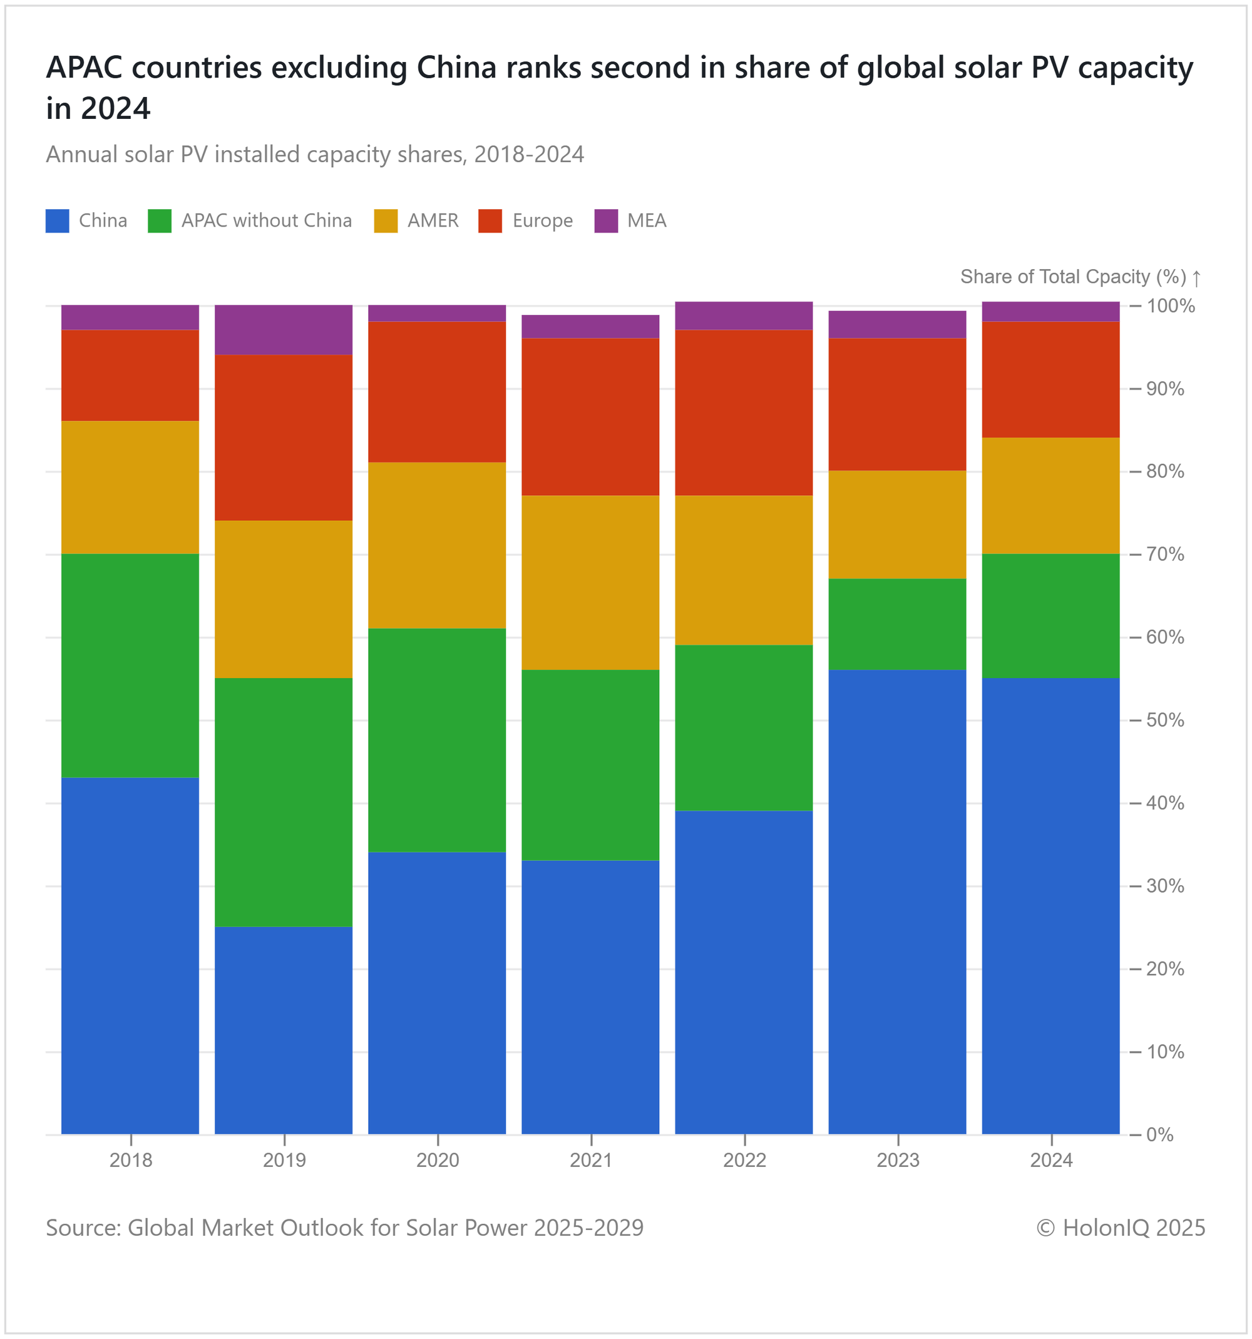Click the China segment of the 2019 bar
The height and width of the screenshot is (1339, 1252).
[283, 1030]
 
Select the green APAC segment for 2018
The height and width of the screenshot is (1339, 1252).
[130, 665]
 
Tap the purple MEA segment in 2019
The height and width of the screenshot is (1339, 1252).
[283, 330]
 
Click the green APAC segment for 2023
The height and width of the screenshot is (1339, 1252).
[897, 624]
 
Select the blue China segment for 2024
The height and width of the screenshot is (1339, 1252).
[1050, 906]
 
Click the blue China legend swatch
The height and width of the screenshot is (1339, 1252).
[57, 221]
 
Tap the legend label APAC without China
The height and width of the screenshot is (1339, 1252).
[266, 221]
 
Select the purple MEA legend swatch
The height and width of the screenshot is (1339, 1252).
[606, 221]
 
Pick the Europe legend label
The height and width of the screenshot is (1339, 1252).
[542, 221]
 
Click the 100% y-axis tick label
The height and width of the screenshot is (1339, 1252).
[1171, 305]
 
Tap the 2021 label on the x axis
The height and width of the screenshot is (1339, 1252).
[591, 1161]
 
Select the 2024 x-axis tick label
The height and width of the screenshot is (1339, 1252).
[1051, 1161]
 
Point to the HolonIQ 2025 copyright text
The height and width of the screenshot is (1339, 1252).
[1121, 1228]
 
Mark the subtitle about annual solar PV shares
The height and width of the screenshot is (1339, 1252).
[314, 155]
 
